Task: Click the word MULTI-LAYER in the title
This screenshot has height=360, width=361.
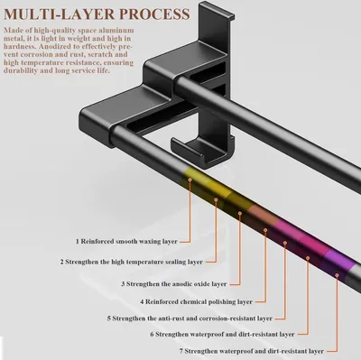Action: pyautogui.click(x=60, y=14)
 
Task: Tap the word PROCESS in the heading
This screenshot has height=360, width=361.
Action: pyautogui.click(x=154, y=14)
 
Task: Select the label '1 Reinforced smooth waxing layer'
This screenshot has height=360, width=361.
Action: pyautogui.click(x=126, y=241)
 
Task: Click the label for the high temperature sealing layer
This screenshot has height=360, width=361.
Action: pyautogui.click(x=131, y=262)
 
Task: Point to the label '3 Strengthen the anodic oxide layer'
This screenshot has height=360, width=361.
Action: pyautogui.click(x=174, y=284)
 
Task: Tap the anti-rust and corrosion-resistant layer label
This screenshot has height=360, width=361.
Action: pyautogui.click(x=190, y=318)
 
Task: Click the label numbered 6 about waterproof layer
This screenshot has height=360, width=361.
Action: pyautogui.click(x=222, y=334)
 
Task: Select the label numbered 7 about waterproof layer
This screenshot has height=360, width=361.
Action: pyautogui.click(x=252, y=351)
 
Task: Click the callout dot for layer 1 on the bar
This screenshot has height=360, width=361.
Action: pyautogui.click(x=190, y=180)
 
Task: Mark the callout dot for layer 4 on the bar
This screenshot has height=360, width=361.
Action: pyautogui.click(x=265, y=230)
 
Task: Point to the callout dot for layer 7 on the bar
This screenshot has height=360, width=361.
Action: pyautogui.click(x=337, y=275)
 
